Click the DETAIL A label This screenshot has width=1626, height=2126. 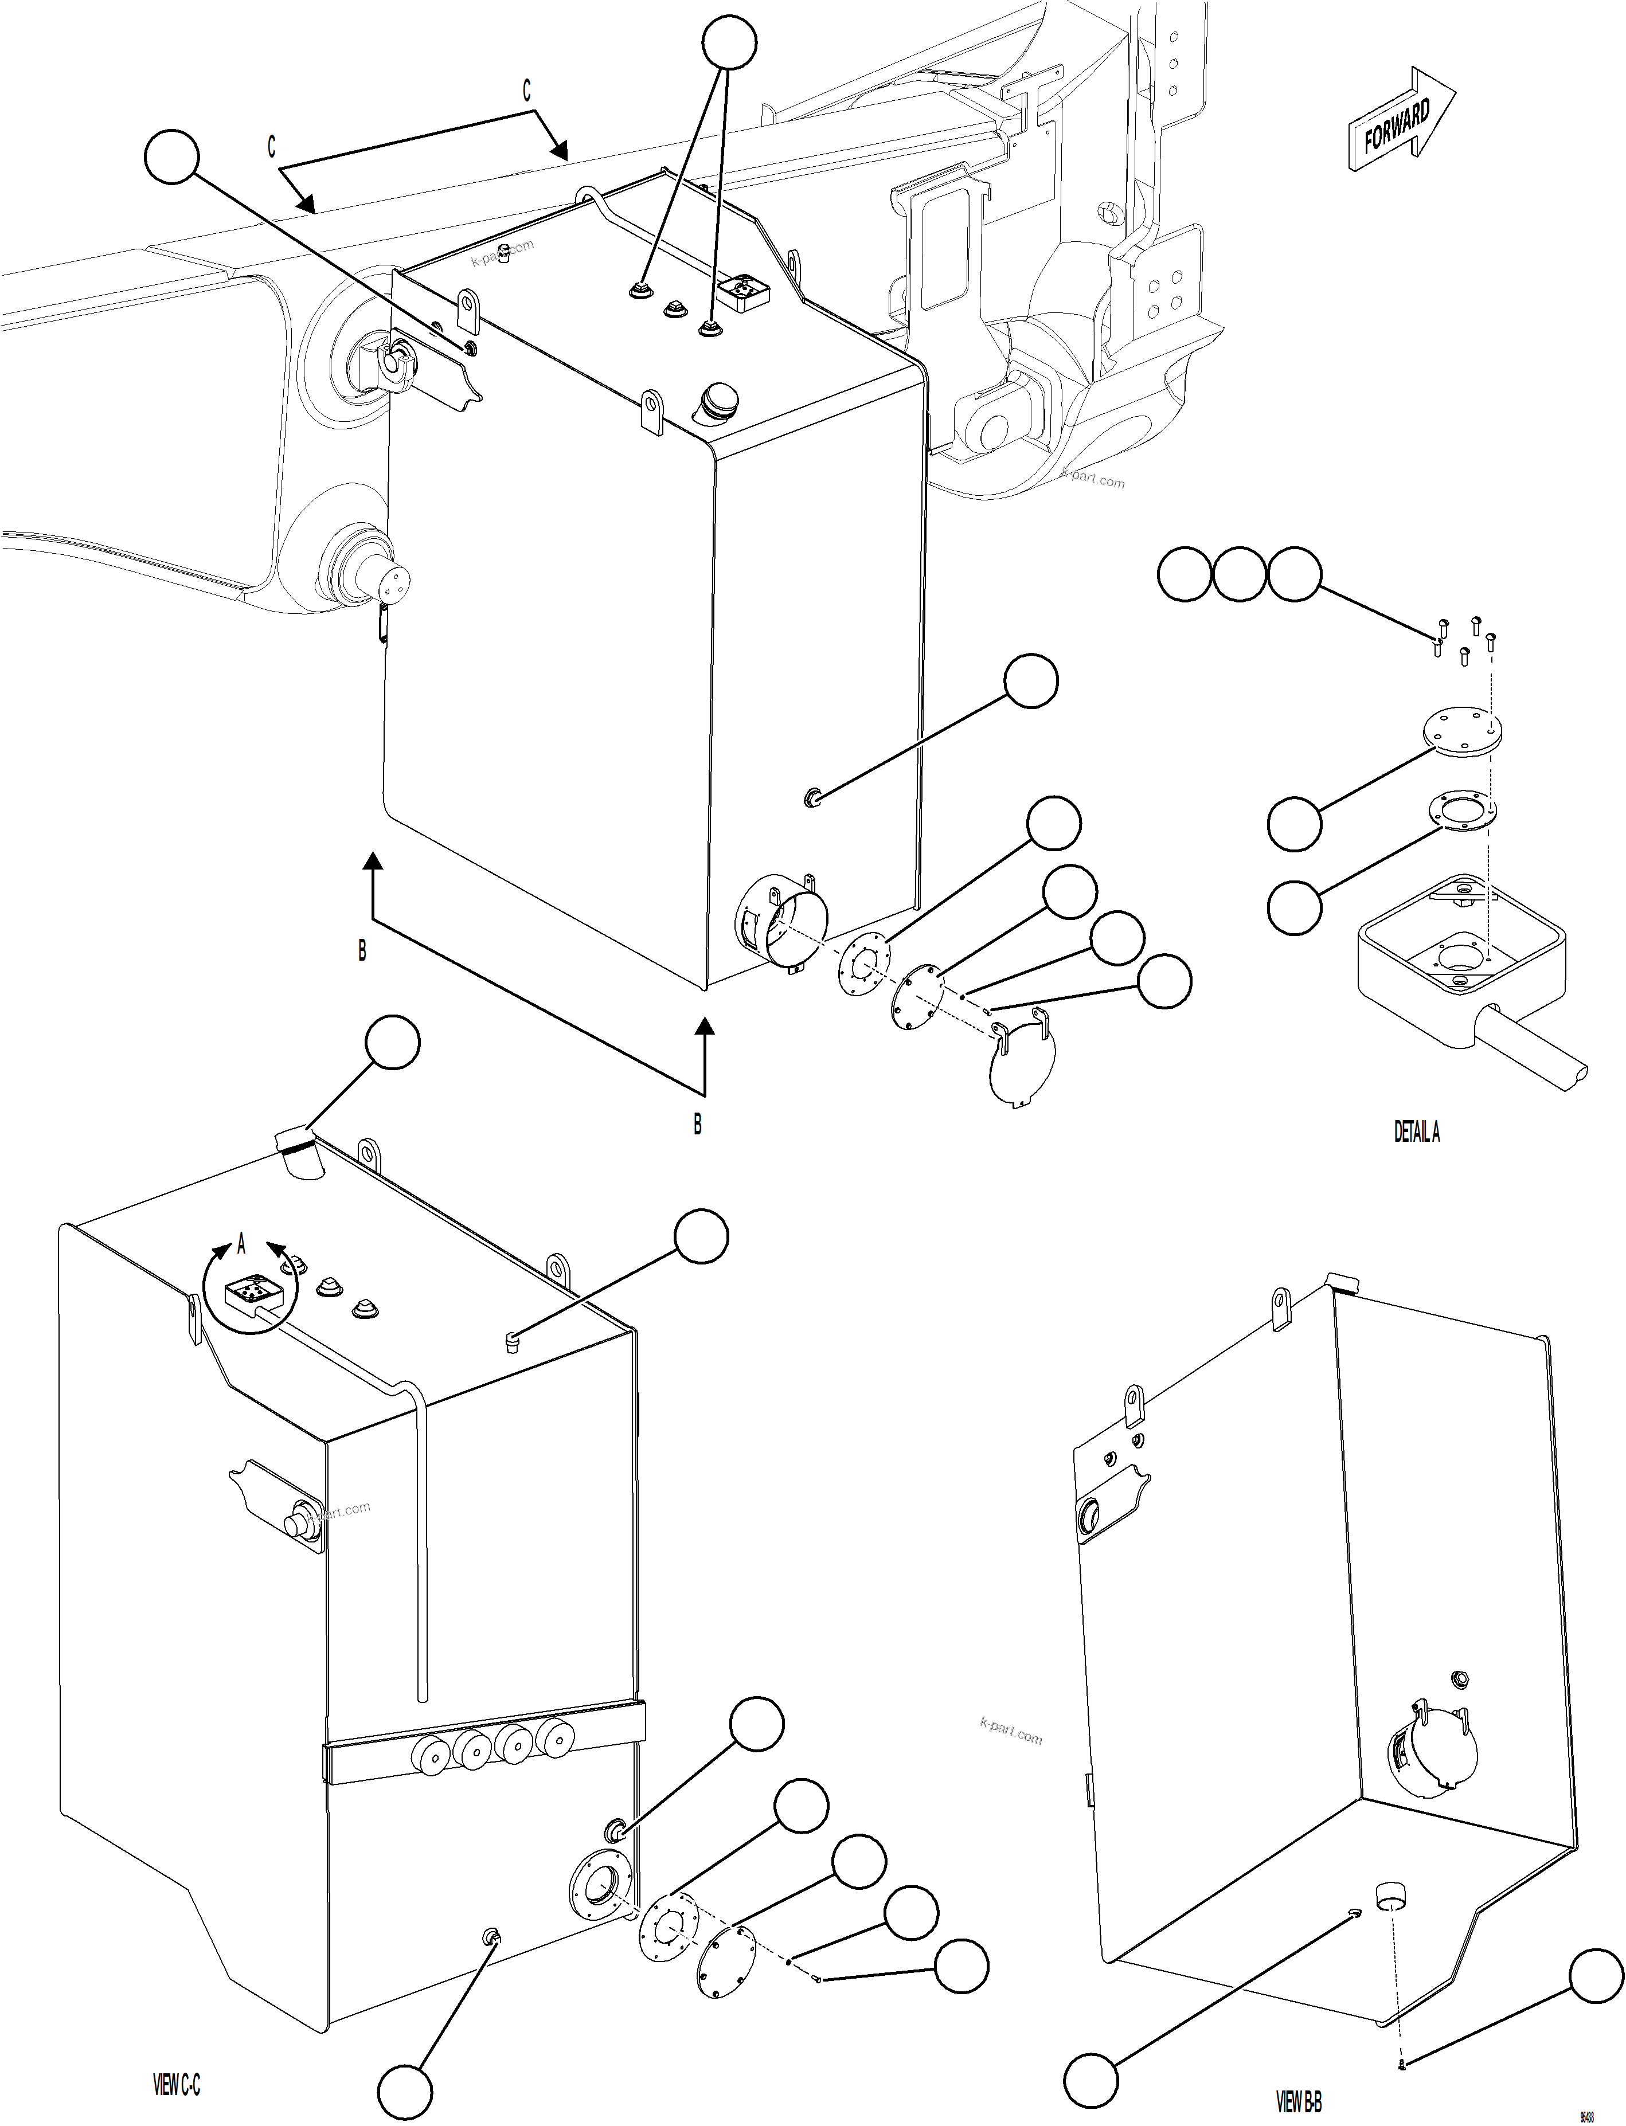1416,1131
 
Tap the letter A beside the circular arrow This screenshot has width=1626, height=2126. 241,1246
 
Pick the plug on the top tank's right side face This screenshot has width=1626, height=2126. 812,797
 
